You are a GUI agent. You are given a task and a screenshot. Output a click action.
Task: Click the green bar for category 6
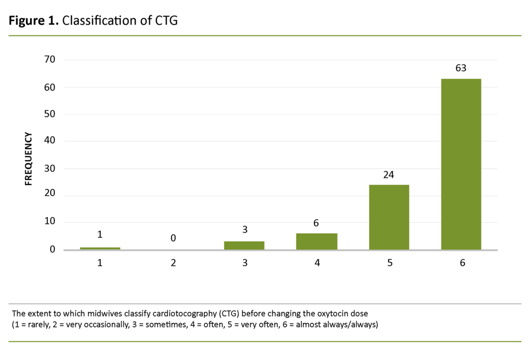[461, 164]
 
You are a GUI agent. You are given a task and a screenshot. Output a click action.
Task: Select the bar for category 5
[389, 217]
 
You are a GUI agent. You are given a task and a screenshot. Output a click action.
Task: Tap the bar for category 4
[317, 241]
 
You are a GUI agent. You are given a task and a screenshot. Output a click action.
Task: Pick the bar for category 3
[244, 246]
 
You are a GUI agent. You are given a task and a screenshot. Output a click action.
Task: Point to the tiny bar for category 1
[100, 249]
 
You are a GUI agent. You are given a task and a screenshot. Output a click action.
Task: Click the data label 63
[461, 68]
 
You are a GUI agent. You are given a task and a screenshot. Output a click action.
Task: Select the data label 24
[389, 175]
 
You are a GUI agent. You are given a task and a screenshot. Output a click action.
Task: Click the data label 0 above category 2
[173, 238]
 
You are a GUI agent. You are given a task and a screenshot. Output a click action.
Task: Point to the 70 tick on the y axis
[50, 60]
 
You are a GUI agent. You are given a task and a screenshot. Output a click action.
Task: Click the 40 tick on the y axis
[50, 141]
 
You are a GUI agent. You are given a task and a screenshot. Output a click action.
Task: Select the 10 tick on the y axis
[50, 223]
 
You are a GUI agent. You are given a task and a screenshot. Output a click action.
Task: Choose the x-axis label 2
[173, 263]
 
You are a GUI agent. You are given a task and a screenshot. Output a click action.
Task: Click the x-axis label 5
[389, 263]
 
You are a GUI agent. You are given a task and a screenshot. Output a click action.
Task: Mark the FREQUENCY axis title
[29, 159]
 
